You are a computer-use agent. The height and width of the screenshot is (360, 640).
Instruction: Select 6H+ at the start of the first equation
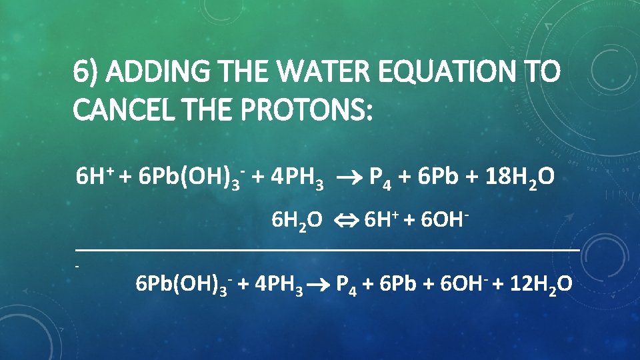tap(93, 177)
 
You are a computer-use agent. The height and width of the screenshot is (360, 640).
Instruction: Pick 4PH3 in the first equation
tap(297, 179)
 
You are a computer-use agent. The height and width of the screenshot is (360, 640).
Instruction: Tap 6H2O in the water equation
tap(297, 220)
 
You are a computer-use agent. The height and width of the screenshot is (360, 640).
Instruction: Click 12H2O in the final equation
tap(540, 285)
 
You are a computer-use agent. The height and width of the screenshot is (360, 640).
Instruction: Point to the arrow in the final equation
tap(319, 286)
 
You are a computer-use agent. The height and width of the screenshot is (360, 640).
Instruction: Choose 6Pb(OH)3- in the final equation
tap(183, 285)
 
